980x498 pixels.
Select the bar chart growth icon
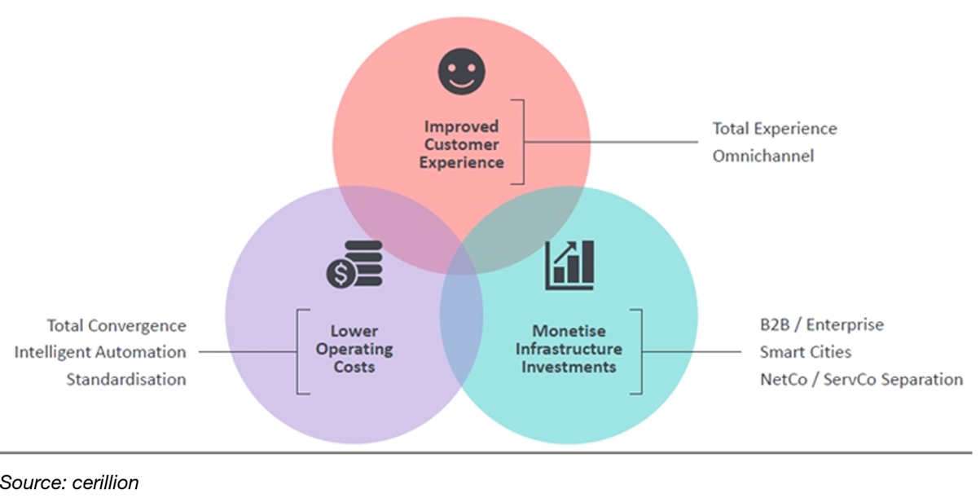pyautogui.click(x=569, y=265)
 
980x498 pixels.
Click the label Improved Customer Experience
pyautogui.click(x=461, y=144)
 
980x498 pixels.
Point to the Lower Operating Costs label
pyautogui.click(x=353, y=349)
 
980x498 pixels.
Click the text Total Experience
pyautogui.click(x=775, y=129)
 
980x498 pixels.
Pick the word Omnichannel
pyautogui.click(x=763, y=156)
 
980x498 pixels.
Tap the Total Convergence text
pyautogui.click(x=116, y=326)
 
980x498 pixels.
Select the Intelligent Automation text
pyautogui.click(x=100, y=352)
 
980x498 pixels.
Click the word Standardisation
pyautogui.click(x=126, y=379)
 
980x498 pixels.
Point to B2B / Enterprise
pyautogui.click(x=820, y=325)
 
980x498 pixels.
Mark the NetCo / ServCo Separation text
pyautogui.click(x=860, y=379)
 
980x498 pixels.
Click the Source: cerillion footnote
pyautogui.click(x=70, y=483)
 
